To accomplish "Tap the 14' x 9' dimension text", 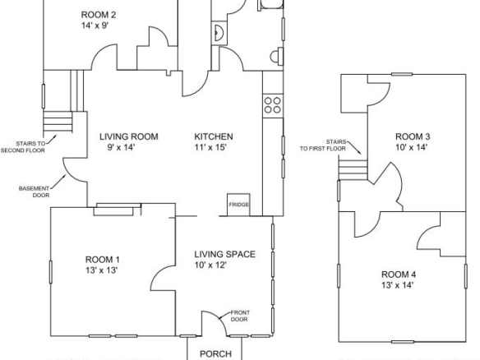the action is [95, 25].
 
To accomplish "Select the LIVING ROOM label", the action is [129, 136].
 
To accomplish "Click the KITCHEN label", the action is [214, 136].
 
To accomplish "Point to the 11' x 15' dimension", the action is [210, 148].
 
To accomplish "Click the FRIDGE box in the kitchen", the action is [238, 205].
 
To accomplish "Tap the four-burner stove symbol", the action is [273, 105].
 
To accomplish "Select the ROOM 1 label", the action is [103, 260].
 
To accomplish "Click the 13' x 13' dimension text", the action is [102, 270].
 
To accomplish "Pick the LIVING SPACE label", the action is [225, 254].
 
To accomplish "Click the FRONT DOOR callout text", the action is [240, 316].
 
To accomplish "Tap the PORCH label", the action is [215, 354].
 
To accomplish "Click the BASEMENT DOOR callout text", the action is [34, 192].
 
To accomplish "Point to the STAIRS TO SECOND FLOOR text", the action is [23, 147].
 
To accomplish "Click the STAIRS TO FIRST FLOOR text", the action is [323, 145].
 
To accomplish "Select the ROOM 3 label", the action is [413, 136].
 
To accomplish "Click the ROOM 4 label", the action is [399, 275].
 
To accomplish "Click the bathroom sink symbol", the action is [219, 33].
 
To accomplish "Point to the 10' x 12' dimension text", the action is [210, 265].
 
